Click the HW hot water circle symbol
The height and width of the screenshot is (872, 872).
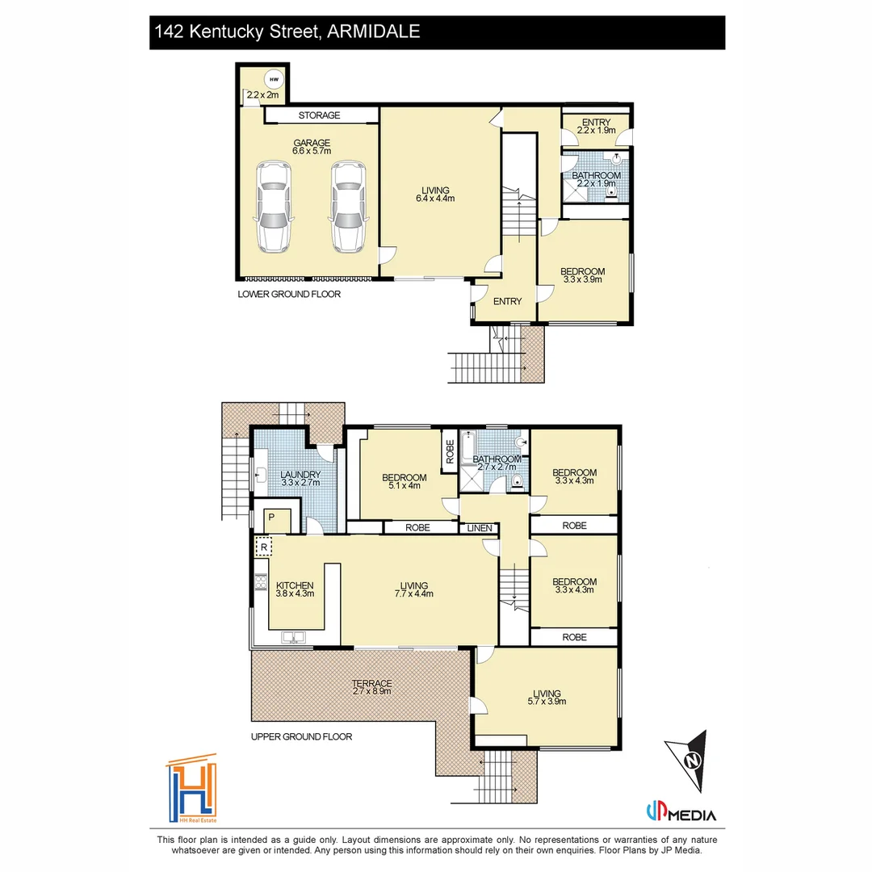pyautogui.click(x=275, y=79)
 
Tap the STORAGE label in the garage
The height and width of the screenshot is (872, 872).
pyautogui.click(x=319, y=115)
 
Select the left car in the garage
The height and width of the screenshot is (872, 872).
pyautogui.click(x=273, y=207)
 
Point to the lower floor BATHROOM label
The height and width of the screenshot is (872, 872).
pyautogui.click(x=596, y=175)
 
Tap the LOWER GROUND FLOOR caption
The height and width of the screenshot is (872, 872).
pyautogui.click(x=289, y=295)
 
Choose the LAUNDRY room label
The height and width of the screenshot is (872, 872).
pyautogui.click(x=300, y=474)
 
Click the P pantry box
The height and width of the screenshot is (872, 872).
pyautogui.click(x=272, y=518)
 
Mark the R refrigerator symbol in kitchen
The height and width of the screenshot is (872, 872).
pyautogui.click(x=263, y=547)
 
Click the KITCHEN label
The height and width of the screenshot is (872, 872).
pyautogui.click(x=295, y=585)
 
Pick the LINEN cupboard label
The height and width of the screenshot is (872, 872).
pyautogui.click(x=476, y=528)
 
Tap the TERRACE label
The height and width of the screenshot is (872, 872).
pyautogui.click(x=371, y=683)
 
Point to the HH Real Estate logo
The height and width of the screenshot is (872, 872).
pyautogui.click(x=192, y=789)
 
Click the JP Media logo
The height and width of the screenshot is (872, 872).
pyautogui.click(x=681, y=815)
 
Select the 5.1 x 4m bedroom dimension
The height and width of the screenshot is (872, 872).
pyautogui.click(x=405, y=485)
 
